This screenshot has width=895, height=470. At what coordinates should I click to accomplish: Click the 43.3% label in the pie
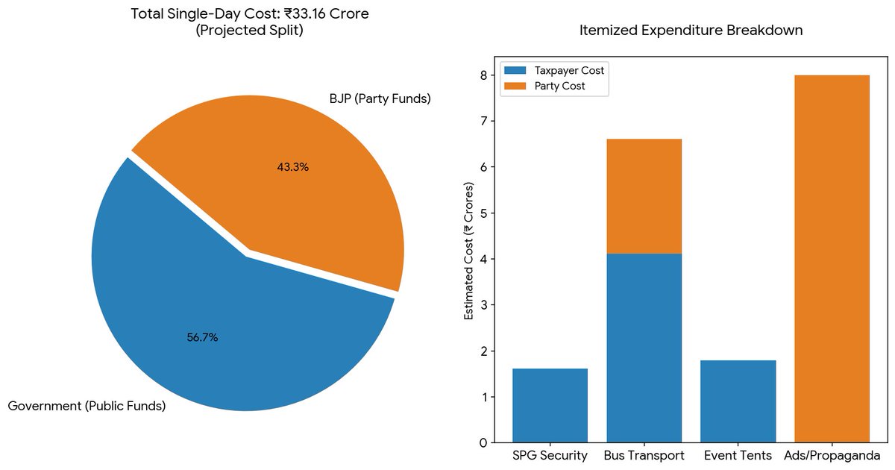click(x=292, y=167)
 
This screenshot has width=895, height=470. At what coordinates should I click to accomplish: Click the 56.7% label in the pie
click(x=202, y=338)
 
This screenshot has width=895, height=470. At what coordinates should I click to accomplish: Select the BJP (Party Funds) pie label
click(x=380, y=98)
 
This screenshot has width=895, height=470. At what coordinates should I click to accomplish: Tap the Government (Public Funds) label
click(x=87, y=407)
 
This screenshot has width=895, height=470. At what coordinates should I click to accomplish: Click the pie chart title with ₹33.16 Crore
click(x=248, y=22)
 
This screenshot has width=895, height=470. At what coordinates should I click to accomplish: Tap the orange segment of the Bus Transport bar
click(x=644, y=196)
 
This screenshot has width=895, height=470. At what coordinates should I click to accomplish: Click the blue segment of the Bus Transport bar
click(x=644, y=348)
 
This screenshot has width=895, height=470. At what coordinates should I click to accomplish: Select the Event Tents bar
click(x=738, y=401)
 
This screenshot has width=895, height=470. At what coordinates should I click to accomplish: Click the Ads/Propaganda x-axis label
click(x=832, y=454)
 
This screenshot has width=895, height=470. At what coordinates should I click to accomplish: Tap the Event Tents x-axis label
click(x=738, y=454)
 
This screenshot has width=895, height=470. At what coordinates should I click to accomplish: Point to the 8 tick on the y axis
click(x=483, y=75)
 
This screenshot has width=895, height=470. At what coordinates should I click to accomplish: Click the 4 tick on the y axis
click(x=483, y=259)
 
